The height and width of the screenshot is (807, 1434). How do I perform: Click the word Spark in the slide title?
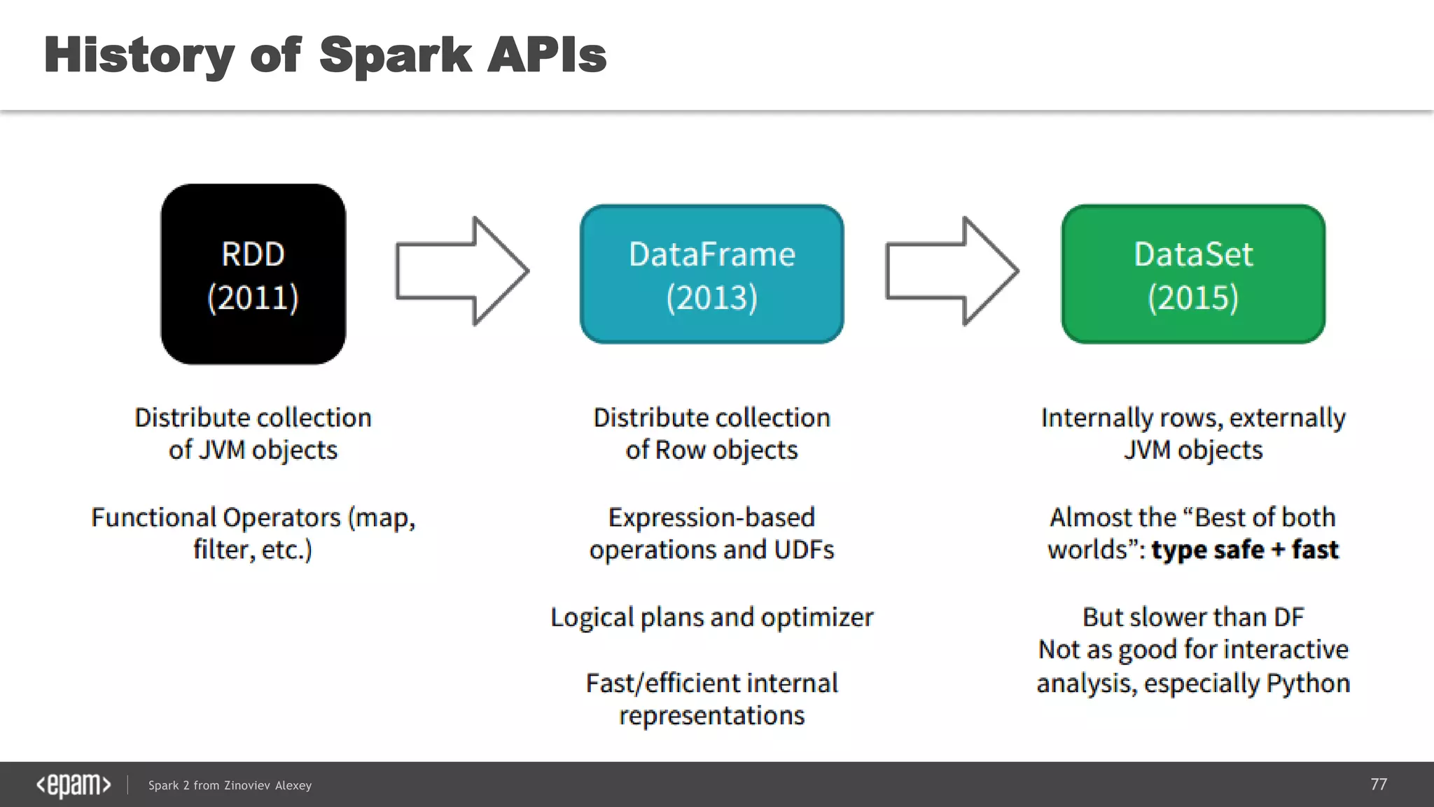[x=396, y=55]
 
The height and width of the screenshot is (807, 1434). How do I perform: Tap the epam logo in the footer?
[x=74, y=785]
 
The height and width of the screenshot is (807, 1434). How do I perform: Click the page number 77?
[x=1378, y=784]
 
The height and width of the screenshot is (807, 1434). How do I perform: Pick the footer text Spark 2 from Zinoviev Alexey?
[x=230, y=785]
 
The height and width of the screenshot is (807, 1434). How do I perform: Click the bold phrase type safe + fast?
[x=1245, y=550]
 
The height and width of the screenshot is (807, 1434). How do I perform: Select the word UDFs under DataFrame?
[x=804, y=550]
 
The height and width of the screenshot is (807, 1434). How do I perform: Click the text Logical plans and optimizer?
[x=711, y=618]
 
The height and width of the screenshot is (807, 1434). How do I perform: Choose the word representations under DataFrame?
[x=711, y=716]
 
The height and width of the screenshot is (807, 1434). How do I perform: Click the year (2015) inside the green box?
[x=1193, y=298]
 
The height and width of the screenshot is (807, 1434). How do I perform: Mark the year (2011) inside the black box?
[x=253, y=298]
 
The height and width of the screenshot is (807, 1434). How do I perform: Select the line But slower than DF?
[x=1193, y=617]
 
